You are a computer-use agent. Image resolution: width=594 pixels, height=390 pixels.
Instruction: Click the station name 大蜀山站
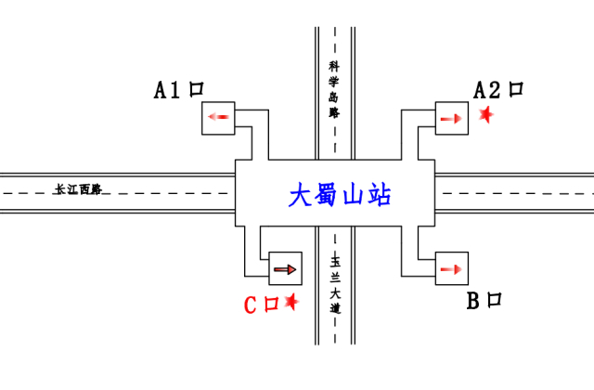pos(340,195)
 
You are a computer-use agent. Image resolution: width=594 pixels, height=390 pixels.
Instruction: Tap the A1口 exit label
pos(178,90)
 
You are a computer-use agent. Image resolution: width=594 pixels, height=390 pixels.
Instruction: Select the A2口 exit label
pos(498,90)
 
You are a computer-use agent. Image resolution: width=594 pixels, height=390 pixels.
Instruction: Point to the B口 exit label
pos(484,300)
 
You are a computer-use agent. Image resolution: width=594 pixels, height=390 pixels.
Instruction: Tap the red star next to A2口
pos(485,114)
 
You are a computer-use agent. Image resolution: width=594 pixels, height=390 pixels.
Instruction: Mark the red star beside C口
pos(291,302)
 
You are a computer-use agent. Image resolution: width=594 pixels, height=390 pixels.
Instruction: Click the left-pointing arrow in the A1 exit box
pos(220,117)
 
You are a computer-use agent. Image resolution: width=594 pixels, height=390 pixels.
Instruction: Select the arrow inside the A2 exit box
pos(451,118)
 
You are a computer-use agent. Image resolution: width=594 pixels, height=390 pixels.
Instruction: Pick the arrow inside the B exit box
pos(451,269)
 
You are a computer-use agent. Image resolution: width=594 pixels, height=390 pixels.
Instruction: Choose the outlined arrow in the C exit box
pos(286,269)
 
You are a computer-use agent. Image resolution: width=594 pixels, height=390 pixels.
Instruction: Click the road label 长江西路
pos(77,189)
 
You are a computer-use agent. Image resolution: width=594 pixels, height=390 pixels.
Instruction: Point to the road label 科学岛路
pos(334,89)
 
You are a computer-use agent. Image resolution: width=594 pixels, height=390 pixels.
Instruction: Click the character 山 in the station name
pos(353,195)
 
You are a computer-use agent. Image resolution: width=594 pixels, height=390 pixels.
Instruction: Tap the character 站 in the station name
pos(379,195)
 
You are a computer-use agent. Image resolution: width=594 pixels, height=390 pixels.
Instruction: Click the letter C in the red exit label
pos(251,304)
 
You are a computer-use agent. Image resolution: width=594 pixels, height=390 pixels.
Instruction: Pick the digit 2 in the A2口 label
pos(494,90)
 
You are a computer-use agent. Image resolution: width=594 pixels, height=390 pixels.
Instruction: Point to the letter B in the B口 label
pos(472,300)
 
